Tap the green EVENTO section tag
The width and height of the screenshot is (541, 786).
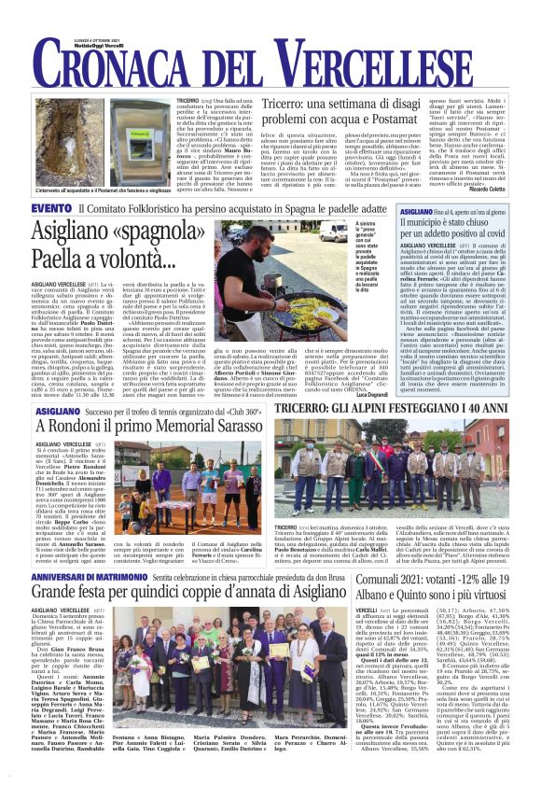[52, 208]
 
